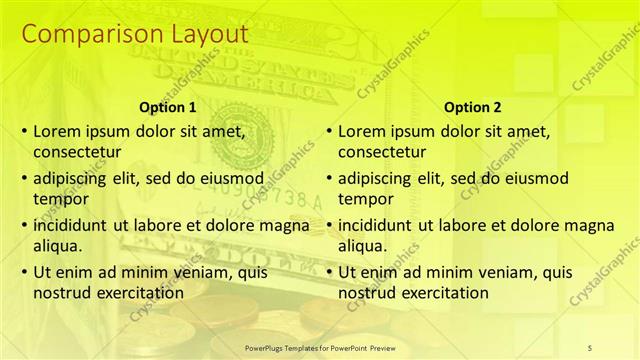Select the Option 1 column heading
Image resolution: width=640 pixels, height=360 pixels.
166,107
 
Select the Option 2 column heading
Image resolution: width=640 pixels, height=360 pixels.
473,107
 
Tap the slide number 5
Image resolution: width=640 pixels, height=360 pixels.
590,347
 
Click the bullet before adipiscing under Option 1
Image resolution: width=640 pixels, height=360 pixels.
24,178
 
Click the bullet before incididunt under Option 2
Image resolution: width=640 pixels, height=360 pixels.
329,225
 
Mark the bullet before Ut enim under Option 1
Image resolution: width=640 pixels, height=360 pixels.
24,272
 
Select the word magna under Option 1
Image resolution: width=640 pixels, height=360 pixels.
285,224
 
